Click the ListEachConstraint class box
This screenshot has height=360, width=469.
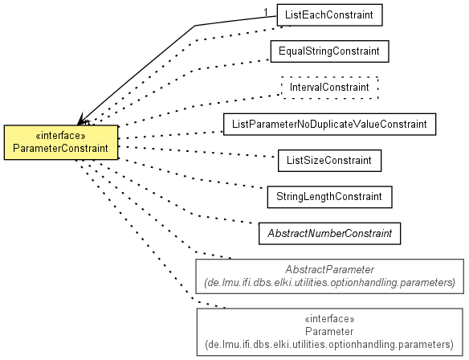[329, 15]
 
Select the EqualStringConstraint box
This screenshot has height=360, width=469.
[329, 51]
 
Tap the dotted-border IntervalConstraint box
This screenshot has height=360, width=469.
[329, 88]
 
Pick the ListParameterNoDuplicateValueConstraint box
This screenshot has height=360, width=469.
[329, 125]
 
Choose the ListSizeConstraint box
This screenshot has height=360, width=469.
[329, 161]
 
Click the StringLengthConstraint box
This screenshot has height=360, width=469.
[329, 197]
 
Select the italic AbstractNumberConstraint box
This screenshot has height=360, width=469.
[329, 233]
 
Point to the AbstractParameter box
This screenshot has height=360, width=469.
[329, 276]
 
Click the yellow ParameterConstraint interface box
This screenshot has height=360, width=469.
[61, 142]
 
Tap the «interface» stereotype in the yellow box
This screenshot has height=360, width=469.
[61, 136]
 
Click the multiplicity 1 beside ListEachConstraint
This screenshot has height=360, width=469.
[266, 13]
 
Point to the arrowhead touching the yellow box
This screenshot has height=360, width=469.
[81, 119]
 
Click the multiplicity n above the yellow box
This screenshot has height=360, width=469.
[87, 122]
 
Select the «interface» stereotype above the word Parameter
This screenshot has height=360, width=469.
[329, 319]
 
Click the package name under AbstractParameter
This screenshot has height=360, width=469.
[329, 282]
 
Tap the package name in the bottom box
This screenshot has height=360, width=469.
[329, 345]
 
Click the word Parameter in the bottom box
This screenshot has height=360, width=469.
[329, 332]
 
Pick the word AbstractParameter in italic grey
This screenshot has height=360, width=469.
[329, 270]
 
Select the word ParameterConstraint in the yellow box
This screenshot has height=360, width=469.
[61, 149]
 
